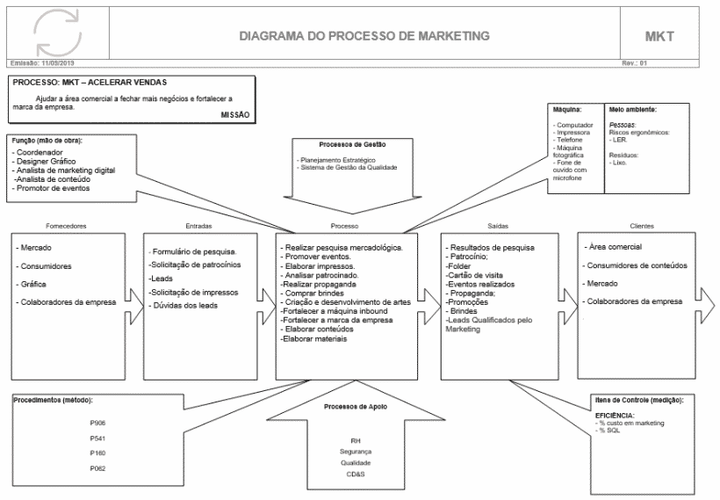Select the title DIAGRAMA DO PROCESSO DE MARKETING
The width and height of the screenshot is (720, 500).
364,36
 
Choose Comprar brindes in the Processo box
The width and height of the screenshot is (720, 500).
312,293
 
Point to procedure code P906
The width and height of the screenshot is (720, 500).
97,424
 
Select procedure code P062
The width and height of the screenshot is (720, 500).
97,469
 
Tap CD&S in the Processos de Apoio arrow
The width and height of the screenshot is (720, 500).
356,475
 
